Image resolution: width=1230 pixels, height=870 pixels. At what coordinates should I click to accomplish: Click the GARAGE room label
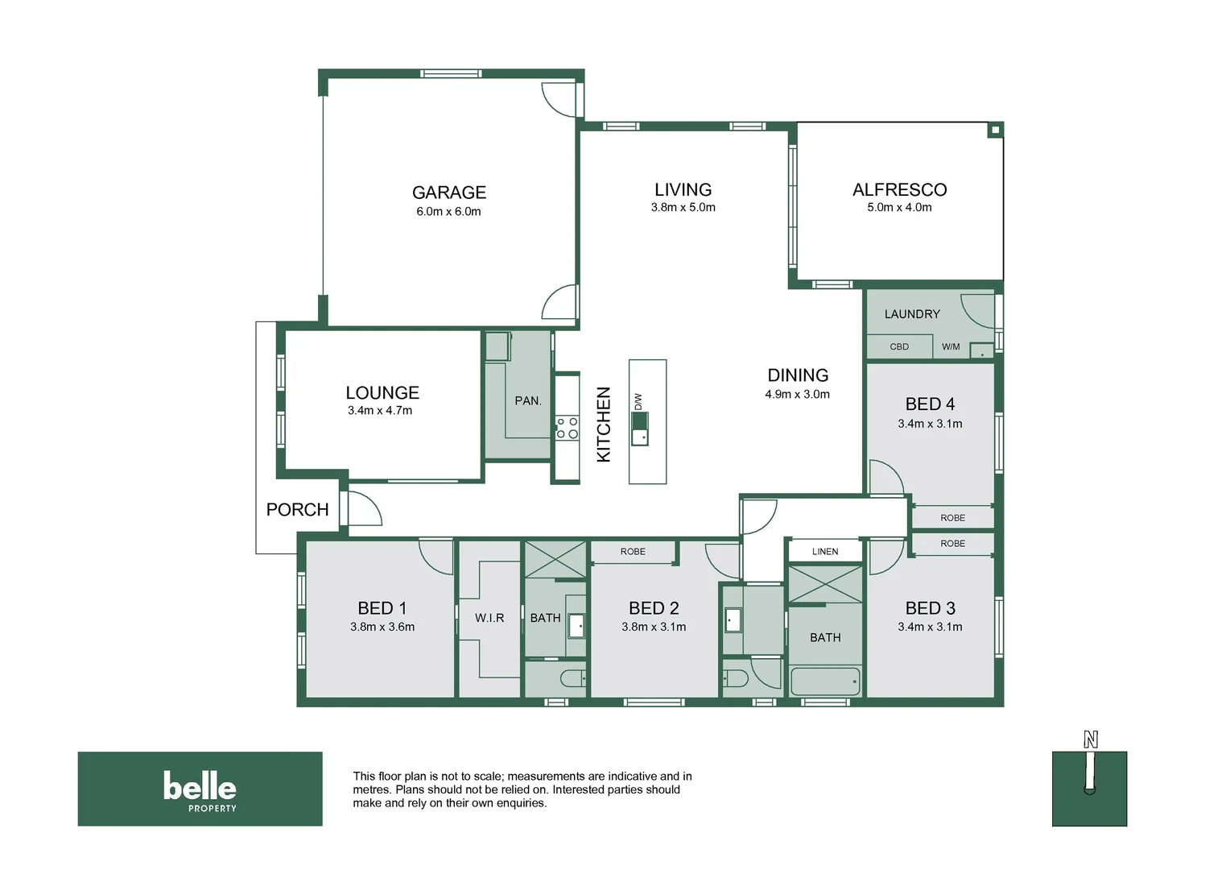tap(448, 193)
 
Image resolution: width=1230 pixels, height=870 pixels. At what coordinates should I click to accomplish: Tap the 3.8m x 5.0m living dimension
tap(683, 208)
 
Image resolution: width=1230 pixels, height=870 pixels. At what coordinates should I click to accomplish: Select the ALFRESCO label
tap(899, 190)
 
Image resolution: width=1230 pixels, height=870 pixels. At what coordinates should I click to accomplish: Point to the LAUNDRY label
tap(911, 314)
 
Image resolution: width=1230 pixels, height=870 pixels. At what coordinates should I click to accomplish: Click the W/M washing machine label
tap(951, 347)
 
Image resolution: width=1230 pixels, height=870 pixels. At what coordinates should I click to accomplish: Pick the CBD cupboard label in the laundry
tap(899, 347)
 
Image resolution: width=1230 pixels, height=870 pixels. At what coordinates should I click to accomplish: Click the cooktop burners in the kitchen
tap(567, 428)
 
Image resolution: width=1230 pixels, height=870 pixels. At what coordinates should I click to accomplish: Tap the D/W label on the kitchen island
tap(638, 401)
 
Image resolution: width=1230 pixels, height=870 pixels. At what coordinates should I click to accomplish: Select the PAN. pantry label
tap(528, 401)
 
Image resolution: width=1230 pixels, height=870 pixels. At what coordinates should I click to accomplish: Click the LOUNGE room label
tap(382, 393)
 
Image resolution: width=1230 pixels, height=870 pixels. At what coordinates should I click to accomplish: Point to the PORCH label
tap(297, 510)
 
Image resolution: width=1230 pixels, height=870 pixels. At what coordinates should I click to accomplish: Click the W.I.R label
tap(489, 618)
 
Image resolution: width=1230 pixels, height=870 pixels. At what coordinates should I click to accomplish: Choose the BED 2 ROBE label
tap(633, 552)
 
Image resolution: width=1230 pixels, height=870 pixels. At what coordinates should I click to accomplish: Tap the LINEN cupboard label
tap(824, 552)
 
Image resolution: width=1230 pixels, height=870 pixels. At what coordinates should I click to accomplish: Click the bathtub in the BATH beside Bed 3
tap(825, 681)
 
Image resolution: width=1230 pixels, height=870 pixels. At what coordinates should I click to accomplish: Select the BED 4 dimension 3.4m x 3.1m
tap(930, 424)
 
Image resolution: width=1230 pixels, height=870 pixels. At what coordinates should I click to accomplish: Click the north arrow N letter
tap(1090, 739)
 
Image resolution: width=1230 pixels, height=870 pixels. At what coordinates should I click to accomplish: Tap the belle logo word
tap(200, 785)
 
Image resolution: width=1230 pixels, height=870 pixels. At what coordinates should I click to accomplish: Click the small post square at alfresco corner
tap(995, 130)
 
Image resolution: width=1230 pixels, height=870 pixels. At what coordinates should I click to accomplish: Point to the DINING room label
tap(797, 375)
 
